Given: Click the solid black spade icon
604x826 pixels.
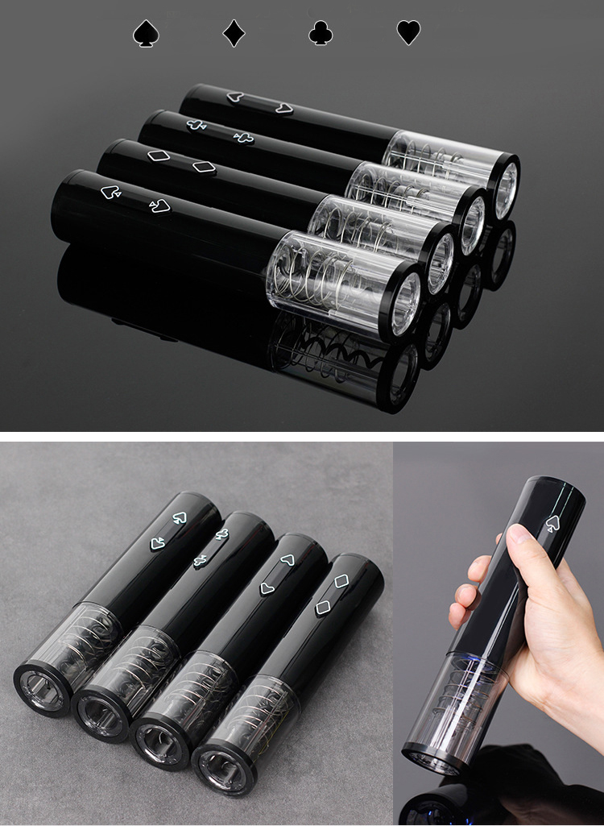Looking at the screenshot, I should [x=146, y=34].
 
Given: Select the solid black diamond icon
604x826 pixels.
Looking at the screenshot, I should [x=234, y=34].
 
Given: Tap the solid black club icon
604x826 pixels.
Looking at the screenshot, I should [x=321, y=34].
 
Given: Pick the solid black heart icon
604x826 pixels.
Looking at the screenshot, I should [x=408, y=33].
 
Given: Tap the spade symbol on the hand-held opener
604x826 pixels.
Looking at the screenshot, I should [x=552, y=524].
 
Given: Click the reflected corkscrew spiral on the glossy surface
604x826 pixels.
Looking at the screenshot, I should [x=330, y=355].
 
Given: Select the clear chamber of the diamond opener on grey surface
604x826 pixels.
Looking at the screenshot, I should [x=254, y=709].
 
